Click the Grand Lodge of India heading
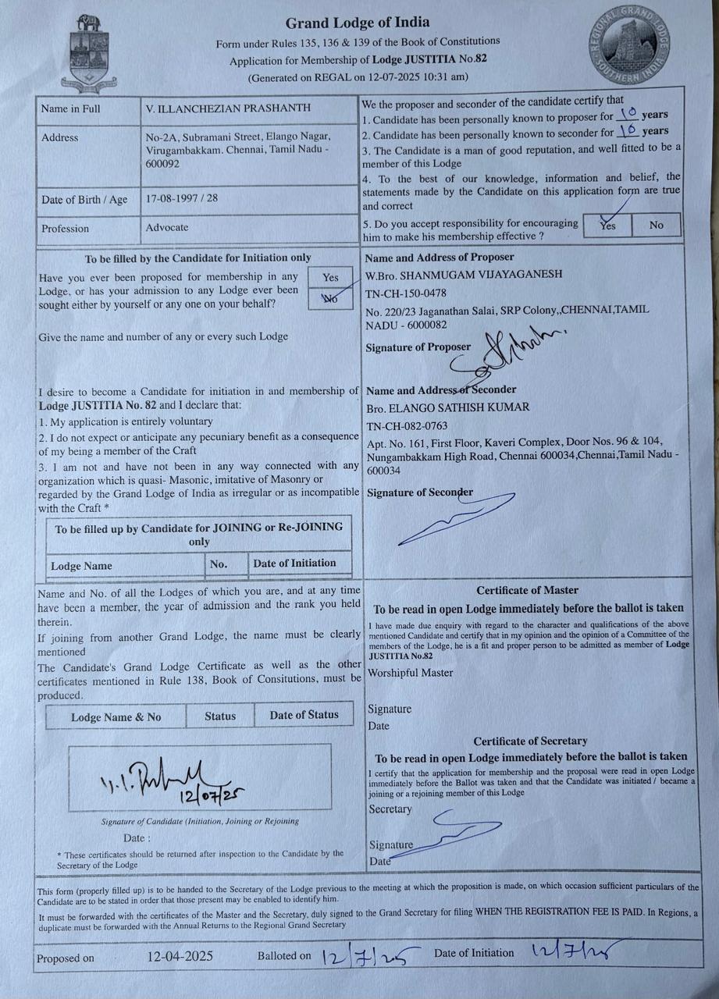[x=357, y=23]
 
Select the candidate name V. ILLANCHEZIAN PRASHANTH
[x=228, y=108]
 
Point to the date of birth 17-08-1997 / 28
[x=181, y=198]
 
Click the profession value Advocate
[x=167, y=228]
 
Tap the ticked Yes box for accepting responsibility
[x=608, y=225]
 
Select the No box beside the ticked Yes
[x=656, y=225]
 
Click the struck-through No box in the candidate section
[x=330, y=298]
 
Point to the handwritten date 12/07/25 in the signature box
[x=212, y=795]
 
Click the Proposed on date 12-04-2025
[x=180, y=956]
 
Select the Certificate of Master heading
[x=527, y=591]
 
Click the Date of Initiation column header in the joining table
[x=294, y=563]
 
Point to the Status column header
[x=220, y=716]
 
